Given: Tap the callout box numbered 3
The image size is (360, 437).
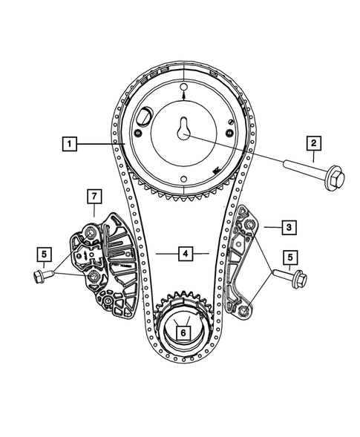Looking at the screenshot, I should [270, 226].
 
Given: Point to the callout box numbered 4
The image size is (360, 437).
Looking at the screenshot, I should [186, 254].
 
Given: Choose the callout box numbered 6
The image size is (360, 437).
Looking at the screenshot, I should [180, 334].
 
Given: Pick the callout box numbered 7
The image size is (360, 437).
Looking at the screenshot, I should [94, 197].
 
